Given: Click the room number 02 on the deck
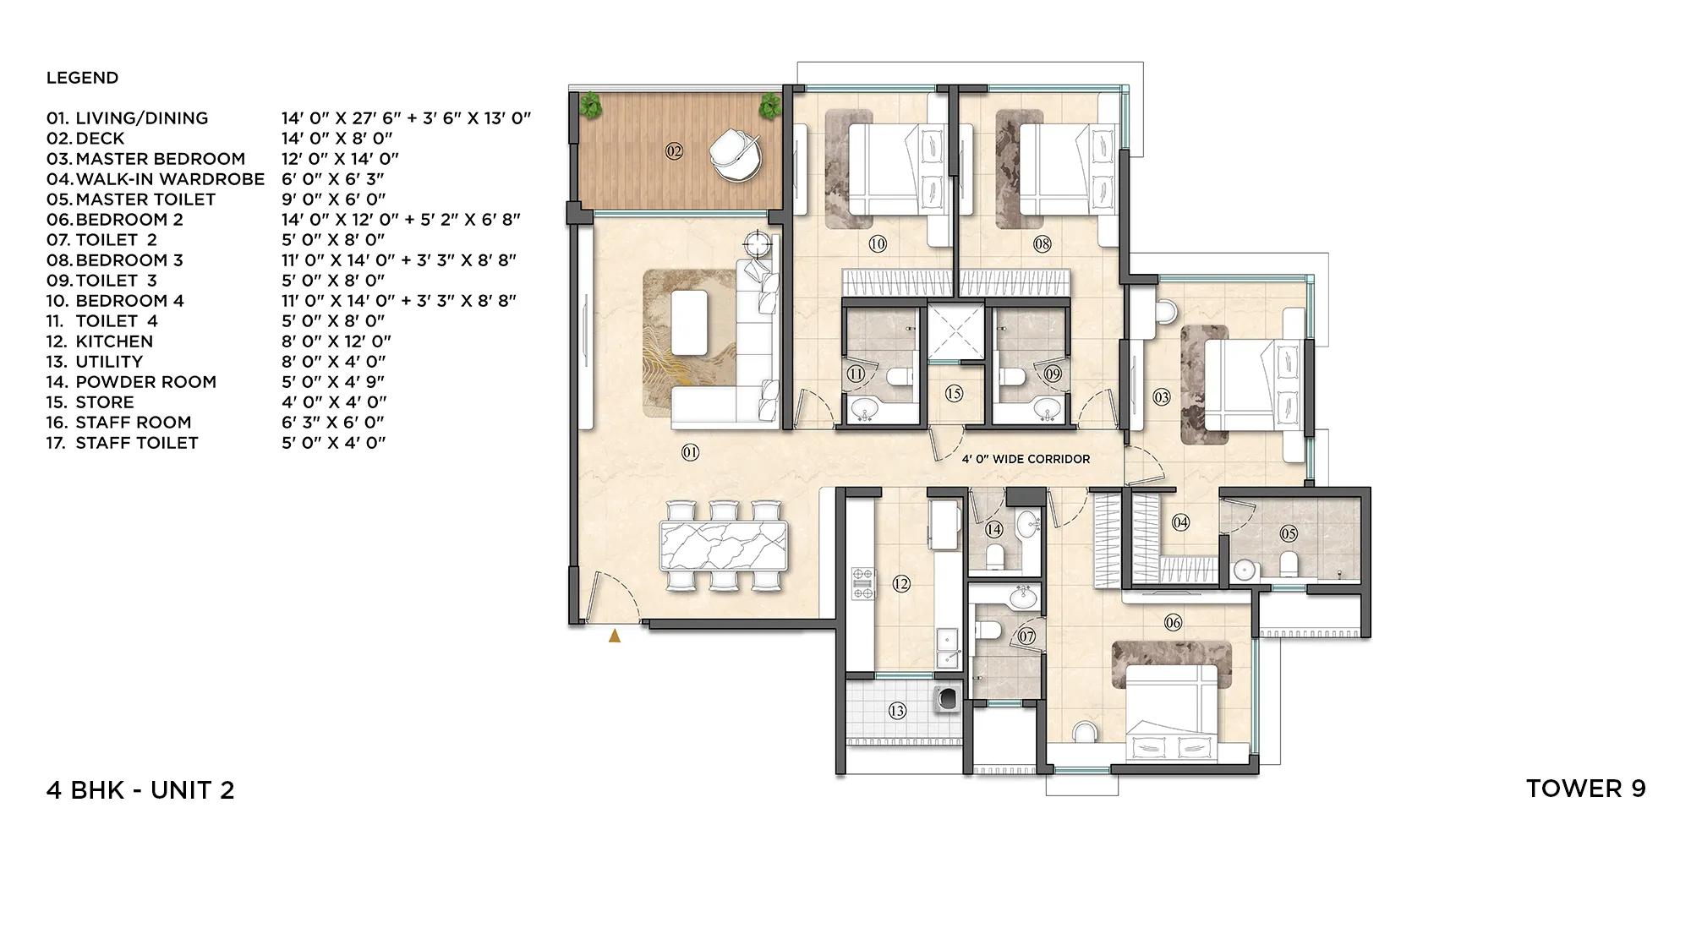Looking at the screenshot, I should tap(674, 151).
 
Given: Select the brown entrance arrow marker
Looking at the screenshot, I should tap(615, 636).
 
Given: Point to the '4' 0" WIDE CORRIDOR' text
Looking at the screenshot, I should tap(1026, 459).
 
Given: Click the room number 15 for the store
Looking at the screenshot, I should tap(954, 393).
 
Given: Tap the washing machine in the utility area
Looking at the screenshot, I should tap(945, 698).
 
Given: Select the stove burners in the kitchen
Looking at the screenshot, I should tap(862, 584).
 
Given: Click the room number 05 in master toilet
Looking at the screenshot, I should tap(1289, 533).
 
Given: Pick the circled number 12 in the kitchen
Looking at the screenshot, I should tap(901, 583).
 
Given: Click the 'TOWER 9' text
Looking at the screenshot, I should tap(1585, 789).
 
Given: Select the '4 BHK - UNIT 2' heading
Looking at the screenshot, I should tap(140, 790).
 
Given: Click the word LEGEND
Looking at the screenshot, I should tap(82, 78).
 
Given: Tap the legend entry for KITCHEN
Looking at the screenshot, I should tap(113, 341).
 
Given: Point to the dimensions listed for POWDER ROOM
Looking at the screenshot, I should tap(333, 382).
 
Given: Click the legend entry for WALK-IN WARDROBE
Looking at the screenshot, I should tap(169, 179).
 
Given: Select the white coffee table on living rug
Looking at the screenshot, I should tap(690, 322).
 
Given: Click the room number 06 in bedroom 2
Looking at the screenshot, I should tap(1173, 623).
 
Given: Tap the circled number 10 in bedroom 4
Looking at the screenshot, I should tap(878, 243).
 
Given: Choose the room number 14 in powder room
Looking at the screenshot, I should tap(993, 529).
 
